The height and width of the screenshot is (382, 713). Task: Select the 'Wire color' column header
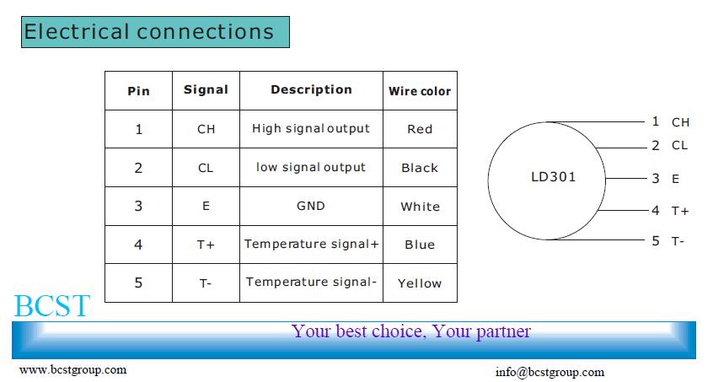pyautogui.click(x=420, y=91)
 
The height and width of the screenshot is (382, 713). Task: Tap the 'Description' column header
pyautogui.click(x=312, y=89)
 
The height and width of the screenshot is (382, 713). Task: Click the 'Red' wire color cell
pyautogui.click(x=420, y=129)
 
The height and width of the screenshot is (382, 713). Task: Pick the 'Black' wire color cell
pyautogui.click(x=420, y=168)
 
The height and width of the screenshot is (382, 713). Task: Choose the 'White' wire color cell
pyautogui.click(x=421, y=207)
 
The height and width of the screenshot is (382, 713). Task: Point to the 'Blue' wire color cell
pyautogui.click(x=420, y=245)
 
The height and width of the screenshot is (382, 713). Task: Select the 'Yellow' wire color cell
pyautogui.click(x=420, y=283)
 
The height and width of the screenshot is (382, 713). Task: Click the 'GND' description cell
pyautogui.click(x=311, y=206)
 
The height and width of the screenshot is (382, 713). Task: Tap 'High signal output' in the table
pyautogui.click(x=311, y=129)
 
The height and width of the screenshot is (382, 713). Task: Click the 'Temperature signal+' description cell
pyautogui.click(x=312, y=245)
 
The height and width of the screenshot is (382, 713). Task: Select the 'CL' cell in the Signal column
pyautogui.click(x=206, y=169)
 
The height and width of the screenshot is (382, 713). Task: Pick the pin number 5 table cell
pyautogui.click(x=139, y=282)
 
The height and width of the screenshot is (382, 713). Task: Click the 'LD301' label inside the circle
pyautogui.click(x=554, y=177)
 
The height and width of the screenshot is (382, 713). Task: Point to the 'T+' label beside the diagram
pyautogui.click(x=680, y=211)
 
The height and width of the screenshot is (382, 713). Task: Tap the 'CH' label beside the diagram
pyautogui.click(x=681, y=122)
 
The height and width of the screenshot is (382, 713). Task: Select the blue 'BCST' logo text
pyautogui.click(x=52, y=305)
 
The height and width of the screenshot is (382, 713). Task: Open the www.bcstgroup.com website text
pyautogui.click(x=72, y=369)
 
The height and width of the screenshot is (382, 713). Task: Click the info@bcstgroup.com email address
pyautogui.click(x=549, y=373)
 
